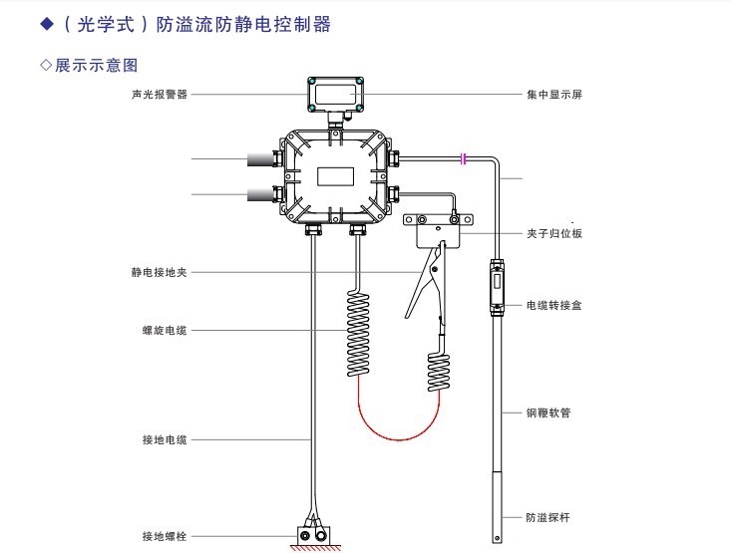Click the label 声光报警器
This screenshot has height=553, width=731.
(x=160, y=95)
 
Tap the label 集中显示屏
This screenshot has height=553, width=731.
(x=553, y=95)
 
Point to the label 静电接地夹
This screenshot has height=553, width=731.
(x=160, y=270)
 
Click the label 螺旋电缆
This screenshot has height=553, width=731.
(x=165, y=331)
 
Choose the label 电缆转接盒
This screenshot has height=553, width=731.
(x=553, y=305)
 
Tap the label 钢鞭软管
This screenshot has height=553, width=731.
(x=548, y=412)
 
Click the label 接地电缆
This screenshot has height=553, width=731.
(x=165, y=439)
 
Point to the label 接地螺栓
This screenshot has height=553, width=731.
(x=165, y=536)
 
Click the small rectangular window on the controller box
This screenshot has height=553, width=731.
(x=339, y=176)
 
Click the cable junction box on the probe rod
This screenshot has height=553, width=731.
(x=498, y=289)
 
